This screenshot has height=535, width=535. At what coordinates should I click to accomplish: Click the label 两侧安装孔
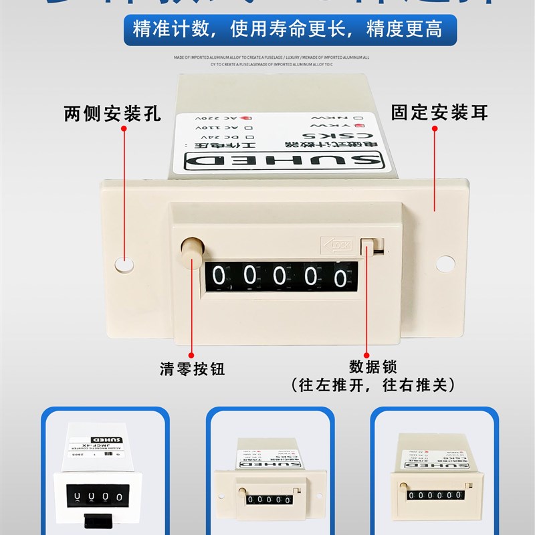tap(112, 113)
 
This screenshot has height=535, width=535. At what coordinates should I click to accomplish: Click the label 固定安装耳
tap(439, 112)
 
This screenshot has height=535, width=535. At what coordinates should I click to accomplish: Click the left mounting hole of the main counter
tap(124, 263)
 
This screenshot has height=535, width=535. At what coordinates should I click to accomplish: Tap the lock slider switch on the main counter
tap(368, 245)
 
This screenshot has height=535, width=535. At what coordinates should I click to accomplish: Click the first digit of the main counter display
tap(223, 276)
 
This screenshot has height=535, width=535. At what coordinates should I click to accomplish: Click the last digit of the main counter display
tap(342, 276)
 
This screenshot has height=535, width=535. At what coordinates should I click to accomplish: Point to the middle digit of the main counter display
tap(282, 276)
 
